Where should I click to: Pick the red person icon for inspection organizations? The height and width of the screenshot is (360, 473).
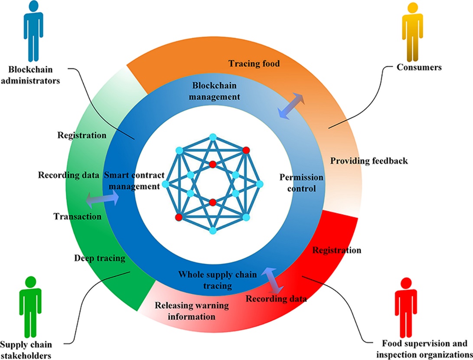pos(406,306)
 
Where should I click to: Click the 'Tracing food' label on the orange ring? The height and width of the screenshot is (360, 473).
pos(254,64)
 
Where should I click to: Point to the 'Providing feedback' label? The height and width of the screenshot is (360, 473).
pos(369,161)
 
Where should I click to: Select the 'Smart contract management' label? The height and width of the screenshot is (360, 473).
pos(134,181)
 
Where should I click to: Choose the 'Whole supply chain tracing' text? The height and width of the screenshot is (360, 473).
pos(218,280)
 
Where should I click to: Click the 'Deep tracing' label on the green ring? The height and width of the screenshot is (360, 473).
pos(99,259)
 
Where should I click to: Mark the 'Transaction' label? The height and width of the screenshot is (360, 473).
pos(78,216)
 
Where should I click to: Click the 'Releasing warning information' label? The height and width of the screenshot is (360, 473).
pos(192,311)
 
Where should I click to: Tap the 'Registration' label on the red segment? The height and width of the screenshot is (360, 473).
pos(336,250)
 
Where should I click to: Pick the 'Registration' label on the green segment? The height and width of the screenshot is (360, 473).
pos(82,135)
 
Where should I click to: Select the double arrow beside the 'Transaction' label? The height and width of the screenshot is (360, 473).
pos(102,200)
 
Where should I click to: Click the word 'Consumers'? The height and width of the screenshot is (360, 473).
pos(419,67)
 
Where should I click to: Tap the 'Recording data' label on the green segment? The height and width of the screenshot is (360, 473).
pos(68,176)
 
